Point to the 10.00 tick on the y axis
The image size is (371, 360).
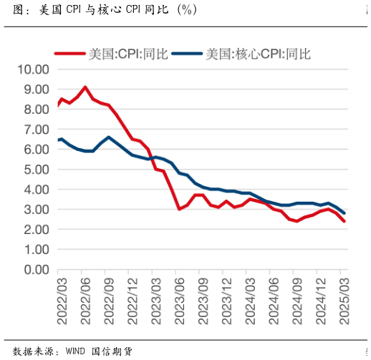32,69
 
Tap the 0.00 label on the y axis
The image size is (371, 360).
35,270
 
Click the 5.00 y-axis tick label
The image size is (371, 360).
35,170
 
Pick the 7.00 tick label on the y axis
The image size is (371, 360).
35,130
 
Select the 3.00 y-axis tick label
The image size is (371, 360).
35,210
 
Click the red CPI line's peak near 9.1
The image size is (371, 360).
85,87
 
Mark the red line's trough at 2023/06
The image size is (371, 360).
179,209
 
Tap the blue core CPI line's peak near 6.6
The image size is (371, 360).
108,137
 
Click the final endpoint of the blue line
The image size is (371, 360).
344,213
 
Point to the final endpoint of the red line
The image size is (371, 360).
344,221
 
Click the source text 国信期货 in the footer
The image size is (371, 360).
112,351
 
